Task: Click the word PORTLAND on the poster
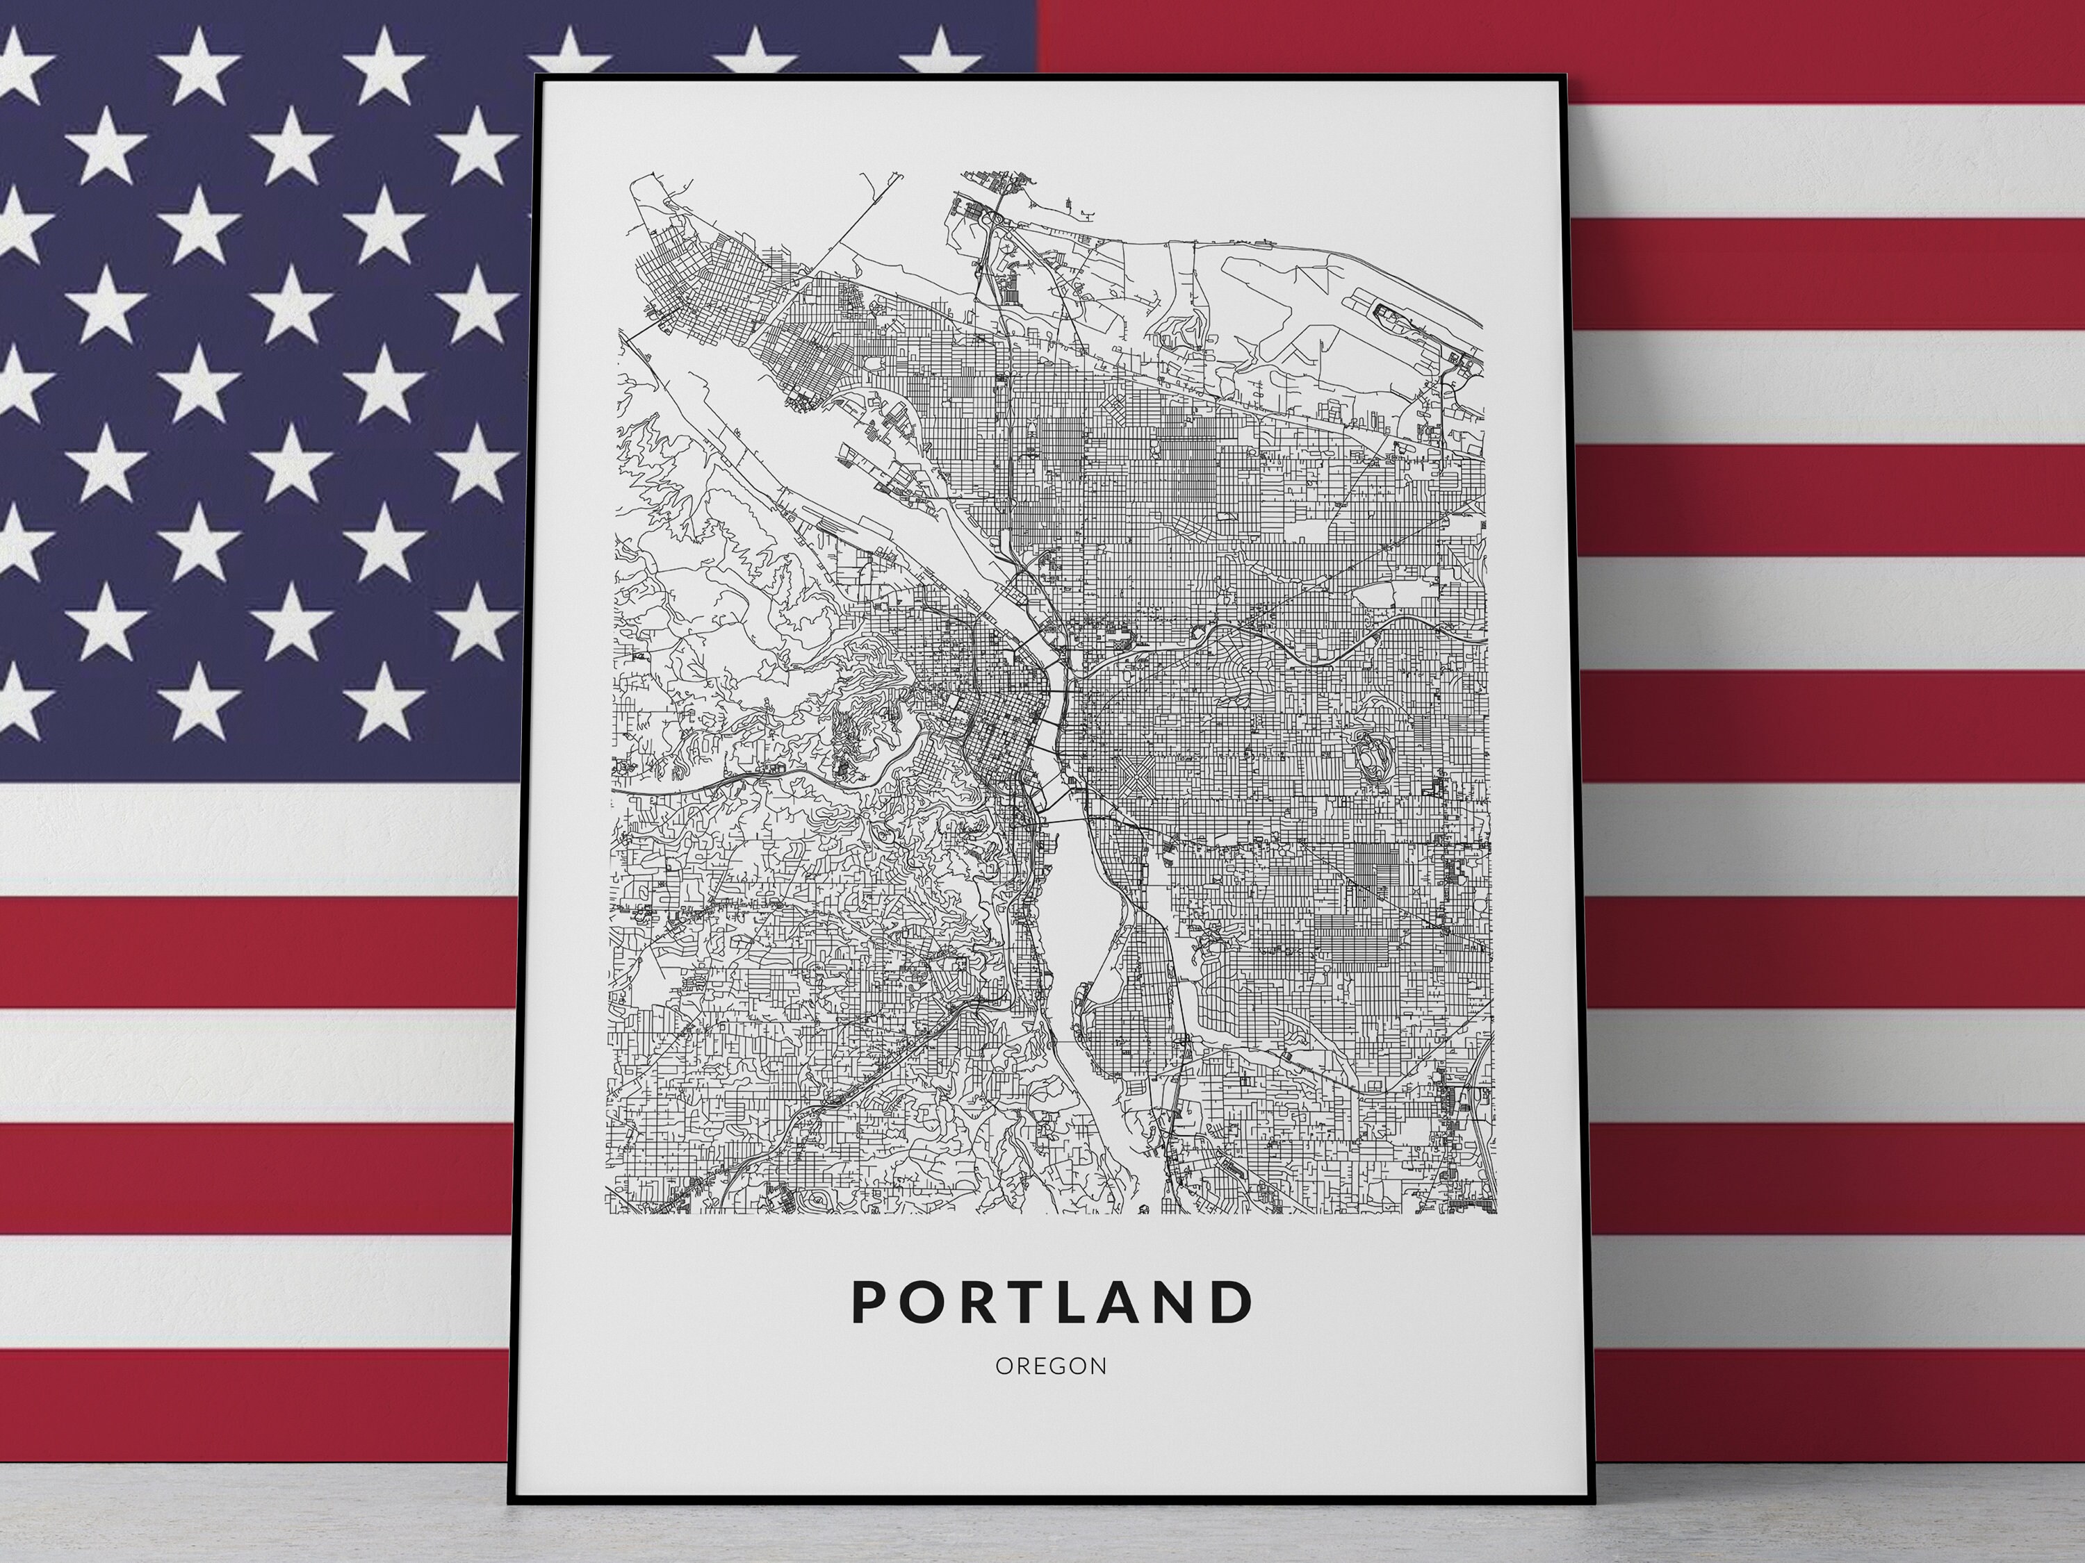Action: tap(1052, 1302)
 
